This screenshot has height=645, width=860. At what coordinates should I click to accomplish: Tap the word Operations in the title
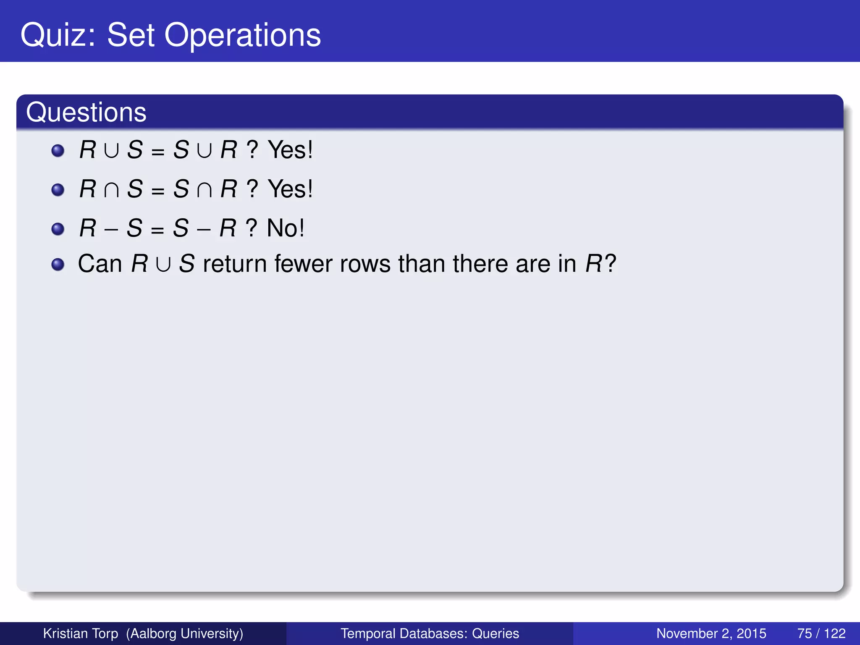pyautogui.click(x=242, y=35)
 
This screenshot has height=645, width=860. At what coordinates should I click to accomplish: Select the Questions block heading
pyautogui.click(x=86, y=112)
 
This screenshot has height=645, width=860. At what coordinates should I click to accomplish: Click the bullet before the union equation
pyautogui.click(x=58, y=150)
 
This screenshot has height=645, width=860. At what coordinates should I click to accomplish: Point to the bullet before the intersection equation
pyautogui.click(x=58, y=189)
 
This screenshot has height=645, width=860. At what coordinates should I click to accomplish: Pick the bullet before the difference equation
pyautogui.click(x=58, y=229)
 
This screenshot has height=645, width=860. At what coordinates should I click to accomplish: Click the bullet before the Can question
pyautogui.click(x=58, y=265)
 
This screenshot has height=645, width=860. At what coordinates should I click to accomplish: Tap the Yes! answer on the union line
pyautogui.click(x=290, y=150)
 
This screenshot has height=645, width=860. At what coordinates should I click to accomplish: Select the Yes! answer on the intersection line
pyautogui.click(x=290, y=189)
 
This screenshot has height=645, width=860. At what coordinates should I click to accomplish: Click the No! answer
pyautogui.click(x=286, y=228)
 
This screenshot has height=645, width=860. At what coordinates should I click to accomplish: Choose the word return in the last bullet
pyautogui.click(x=234, y=264)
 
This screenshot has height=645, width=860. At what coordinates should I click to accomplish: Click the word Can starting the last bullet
pyautogui.click(x=100, y=264)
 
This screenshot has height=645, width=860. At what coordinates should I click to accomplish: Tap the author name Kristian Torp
pyautogui.click(x=81, y=633)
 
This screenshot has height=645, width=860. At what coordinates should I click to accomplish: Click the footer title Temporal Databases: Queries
pyautogui.click(x=430, y=633)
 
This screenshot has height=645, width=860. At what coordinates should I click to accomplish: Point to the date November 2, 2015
pyautogui.click(x=711, y=633)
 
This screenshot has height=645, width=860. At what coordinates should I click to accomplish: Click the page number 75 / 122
pyautogui.click(x=821, y=633)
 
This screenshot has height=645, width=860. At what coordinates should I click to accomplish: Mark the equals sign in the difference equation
pyautogui.click(x=157, y=230)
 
